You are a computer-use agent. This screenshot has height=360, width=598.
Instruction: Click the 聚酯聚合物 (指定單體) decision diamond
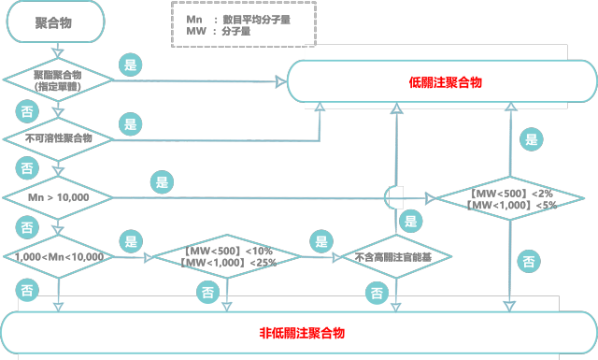58,81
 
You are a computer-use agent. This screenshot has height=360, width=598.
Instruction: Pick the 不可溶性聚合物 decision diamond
58,138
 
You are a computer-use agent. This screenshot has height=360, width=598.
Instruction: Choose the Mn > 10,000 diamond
58,197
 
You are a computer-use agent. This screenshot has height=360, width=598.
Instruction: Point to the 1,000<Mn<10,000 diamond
58,255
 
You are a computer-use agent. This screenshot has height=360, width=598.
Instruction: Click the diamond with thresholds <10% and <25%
227,255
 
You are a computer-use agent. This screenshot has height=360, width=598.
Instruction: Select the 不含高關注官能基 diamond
392,255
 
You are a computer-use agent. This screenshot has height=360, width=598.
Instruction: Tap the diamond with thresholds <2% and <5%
510,198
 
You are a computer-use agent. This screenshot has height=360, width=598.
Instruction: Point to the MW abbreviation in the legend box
194,32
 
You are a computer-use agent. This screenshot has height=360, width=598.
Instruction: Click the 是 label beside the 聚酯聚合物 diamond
130,65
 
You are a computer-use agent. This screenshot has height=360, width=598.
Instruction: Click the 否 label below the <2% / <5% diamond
529,258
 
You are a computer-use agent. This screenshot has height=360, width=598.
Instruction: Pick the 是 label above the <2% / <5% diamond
532,140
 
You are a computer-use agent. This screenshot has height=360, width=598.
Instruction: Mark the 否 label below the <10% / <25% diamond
207,292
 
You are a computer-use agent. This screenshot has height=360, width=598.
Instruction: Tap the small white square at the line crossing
396,197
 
